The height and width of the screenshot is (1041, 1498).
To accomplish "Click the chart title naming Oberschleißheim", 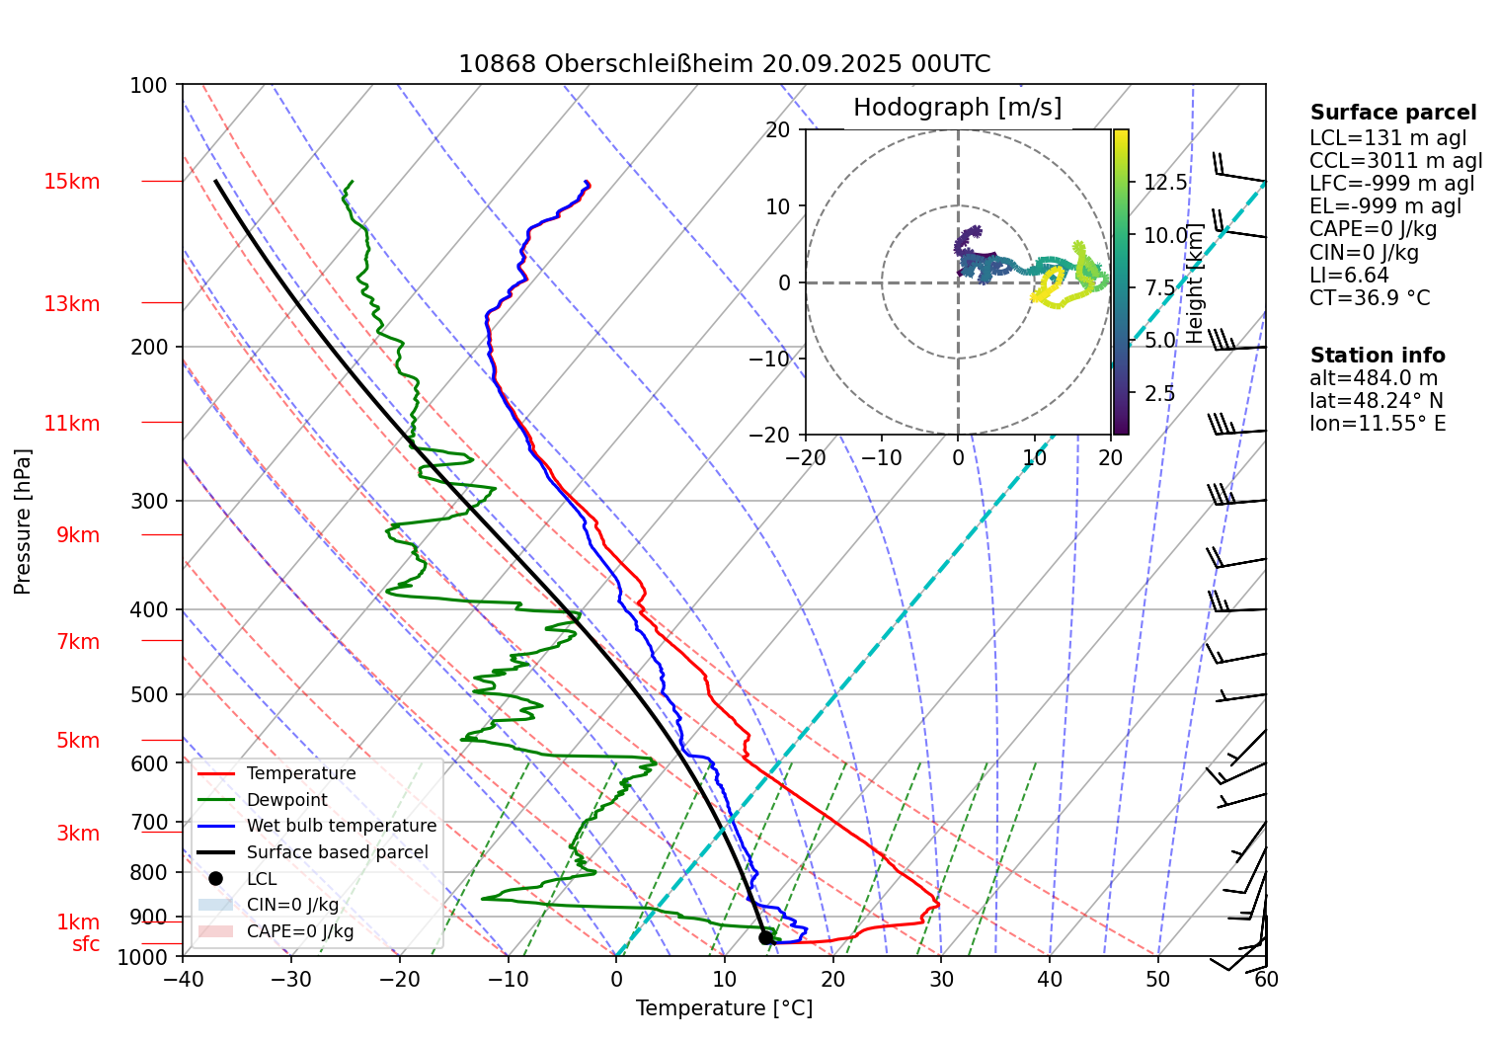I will (x=724, y=64).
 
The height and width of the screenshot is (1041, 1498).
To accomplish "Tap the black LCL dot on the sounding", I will (x=765, y=937).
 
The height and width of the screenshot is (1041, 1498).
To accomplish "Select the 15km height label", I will (x=71, y=182).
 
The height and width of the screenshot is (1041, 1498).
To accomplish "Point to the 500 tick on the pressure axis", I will (x=149, y=694).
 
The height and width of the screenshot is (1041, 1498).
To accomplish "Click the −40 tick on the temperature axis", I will (x=183, y=979).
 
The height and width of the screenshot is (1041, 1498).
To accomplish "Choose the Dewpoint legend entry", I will (x=286, y=800).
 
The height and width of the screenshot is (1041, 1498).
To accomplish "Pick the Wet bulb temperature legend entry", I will (x=341, y=826).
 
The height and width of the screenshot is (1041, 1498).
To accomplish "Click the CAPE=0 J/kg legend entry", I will (x=299, y=931).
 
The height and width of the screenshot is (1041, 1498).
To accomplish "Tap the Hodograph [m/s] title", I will (x=957, y=108).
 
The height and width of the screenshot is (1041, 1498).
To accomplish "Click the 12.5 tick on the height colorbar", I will (x=1165, y=183).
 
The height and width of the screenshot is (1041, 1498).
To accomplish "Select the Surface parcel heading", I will (x=1392, y=113).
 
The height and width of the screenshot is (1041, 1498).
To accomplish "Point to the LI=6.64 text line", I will (x=1348, y=276).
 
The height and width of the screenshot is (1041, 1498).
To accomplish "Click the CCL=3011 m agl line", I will (x=1395, y=161).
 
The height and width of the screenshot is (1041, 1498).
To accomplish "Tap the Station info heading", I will (x=1377, y=356).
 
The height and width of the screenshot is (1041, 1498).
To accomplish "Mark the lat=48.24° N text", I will (x=1376, y=401).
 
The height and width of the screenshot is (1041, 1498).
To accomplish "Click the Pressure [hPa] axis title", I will (x=23, y=521).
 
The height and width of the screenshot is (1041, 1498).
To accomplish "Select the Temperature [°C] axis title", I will (x=724, y=1008).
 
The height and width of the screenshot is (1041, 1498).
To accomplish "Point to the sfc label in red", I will (x=86, y=944).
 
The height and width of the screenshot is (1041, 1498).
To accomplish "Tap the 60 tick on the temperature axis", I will (x=1266, y=979).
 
